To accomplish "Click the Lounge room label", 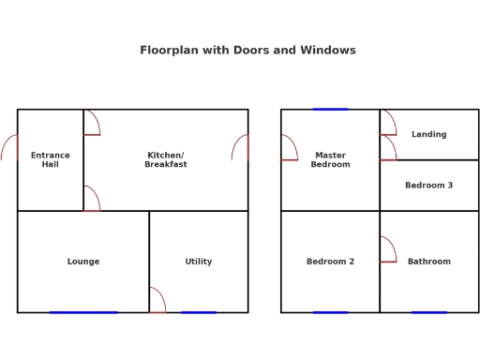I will click(83, 262).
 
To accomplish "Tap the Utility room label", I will click(198, 262).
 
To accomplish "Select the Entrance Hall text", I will click(50, 159).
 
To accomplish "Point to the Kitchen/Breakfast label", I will click(166, 159).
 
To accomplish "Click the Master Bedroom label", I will click(330, 159).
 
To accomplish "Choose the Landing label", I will click(428, 134).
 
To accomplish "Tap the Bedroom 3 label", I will click(428, 186).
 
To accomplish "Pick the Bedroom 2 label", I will click(330, 262).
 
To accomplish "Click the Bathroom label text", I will click(428, 262).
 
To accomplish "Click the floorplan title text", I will click(247, 51).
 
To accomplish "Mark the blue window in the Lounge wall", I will click(83, 312).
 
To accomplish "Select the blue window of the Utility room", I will click(198, 312).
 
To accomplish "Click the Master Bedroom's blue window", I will click(330, 109).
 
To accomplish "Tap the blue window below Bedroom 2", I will click(330, 312).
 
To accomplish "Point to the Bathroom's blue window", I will click(428, 312).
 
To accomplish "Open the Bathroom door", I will click(387, 250).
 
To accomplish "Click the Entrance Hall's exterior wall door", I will click(10, 147).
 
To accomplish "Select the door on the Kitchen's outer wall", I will click(241, 147).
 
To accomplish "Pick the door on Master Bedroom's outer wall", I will click(289, 148).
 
